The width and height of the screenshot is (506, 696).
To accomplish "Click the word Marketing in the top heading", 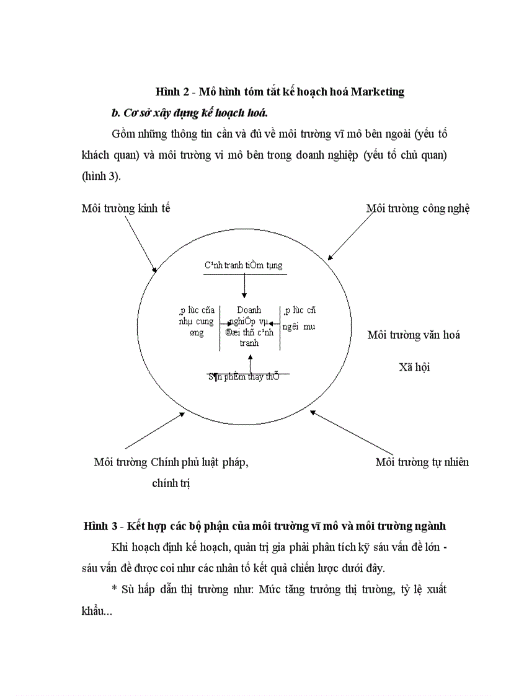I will (x=377, y=92).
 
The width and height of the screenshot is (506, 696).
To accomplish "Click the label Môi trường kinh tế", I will (x=126, y=208).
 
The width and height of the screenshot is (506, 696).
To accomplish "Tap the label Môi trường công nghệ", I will (x=418, y=208).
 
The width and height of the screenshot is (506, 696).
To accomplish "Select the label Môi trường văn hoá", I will (x=414, y=335).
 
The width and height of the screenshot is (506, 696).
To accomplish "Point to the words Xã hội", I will (x=414, y=367).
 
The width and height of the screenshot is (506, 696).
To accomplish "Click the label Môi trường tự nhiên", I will (x=422, y=462).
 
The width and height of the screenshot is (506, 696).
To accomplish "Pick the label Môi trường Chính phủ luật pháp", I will (x=171, y=462).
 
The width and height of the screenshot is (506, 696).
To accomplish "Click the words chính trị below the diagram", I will (x=171, y=483).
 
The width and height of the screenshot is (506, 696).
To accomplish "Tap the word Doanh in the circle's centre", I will (x=249, y=310).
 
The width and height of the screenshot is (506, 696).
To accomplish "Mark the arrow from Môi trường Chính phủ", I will (x=155, y=431).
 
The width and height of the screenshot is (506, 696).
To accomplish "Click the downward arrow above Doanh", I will (x=244, y=285).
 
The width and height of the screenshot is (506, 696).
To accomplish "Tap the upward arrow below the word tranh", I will (x=249, y=363).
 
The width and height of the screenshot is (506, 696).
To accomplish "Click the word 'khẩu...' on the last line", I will (x=97, y=610).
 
